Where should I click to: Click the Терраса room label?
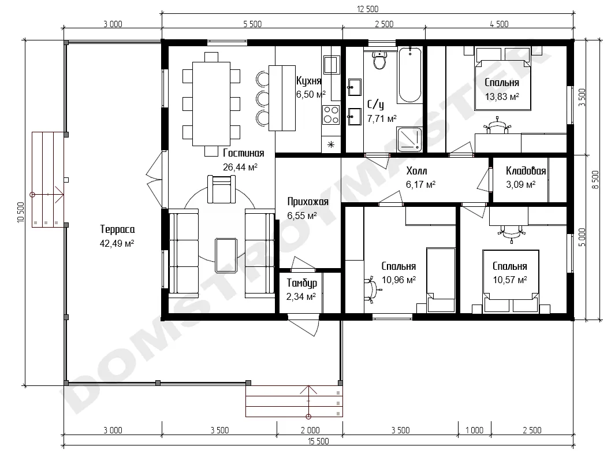click(117, 229)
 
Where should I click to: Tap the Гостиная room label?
click(244, 153)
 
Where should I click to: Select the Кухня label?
click(308, 81)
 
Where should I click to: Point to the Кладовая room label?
click(526, 170)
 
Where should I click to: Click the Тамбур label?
click(301, 283)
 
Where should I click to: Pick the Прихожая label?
click(308, 202)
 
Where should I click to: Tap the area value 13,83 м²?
click(502, 96)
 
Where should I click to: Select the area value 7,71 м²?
click(382, 118)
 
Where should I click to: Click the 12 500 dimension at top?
click(367, 9)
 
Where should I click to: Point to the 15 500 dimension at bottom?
click(318, 441)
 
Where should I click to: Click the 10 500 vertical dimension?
click(21, 213)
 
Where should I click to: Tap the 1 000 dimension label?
click(474, 430)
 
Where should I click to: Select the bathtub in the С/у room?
click(410, 75)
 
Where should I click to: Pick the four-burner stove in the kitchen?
click(331, 114)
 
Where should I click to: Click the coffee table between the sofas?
click(226, 256)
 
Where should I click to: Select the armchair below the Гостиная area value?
click(221, 190)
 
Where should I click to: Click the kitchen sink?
click(331, 65)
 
